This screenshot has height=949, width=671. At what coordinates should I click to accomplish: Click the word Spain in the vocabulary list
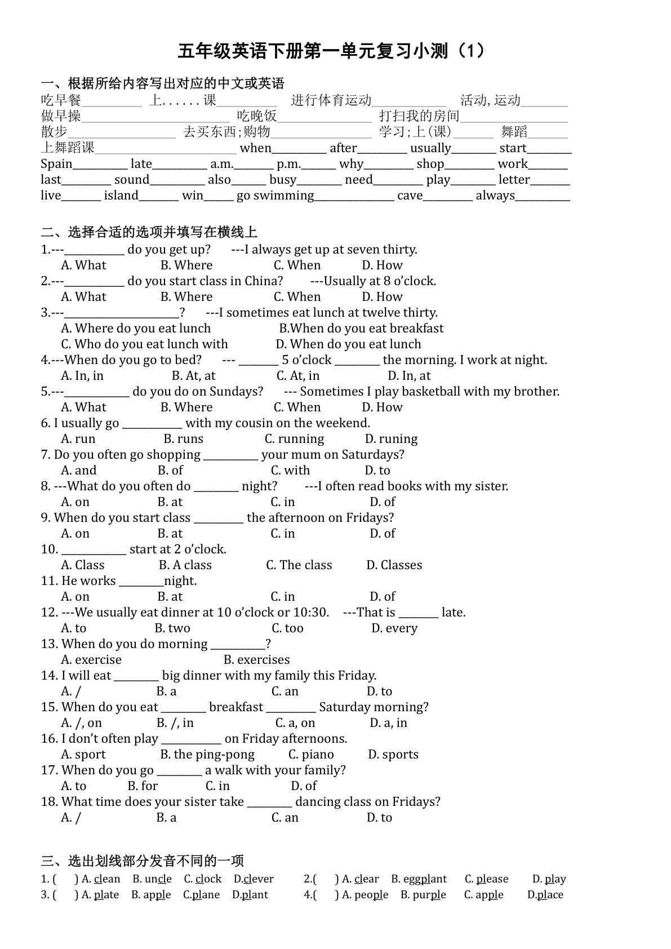pyautogui.click(x=56, y=164)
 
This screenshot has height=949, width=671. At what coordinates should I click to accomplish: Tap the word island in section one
pyautogui.click(x=121, y=196)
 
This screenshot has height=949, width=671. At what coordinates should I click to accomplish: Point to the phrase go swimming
pyautogui.click(x=275, y=196)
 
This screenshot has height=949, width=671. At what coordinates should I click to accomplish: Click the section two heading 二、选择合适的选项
pyautogui.click(x=149, y=232)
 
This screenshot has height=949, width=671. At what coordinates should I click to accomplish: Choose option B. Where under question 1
pyautogui.click(x=186, y=265)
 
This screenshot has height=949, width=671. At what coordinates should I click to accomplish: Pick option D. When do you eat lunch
pyautogui.click(x=348, y=344)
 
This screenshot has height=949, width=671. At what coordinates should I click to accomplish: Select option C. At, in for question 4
pyautogui.click(x=297, y=376)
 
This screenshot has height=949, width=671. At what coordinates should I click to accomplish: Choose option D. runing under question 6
pyautogui.click(x=391, y=439)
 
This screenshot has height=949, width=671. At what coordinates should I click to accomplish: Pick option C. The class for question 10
pyautogui.click(x=299, y=565)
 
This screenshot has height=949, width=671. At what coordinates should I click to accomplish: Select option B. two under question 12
pyautogui.click(x=172, y=628)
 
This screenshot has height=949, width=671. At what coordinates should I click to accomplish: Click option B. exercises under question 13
pyautogui.click(x=256, y=660)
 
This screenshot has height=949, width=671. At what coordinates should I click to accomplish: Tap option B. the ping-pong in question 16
pyautogui.click(x=207, y=755)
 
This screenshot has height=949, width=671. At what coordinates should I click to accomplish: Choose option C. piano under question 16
pyautogui.click(x=311, y=755)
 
